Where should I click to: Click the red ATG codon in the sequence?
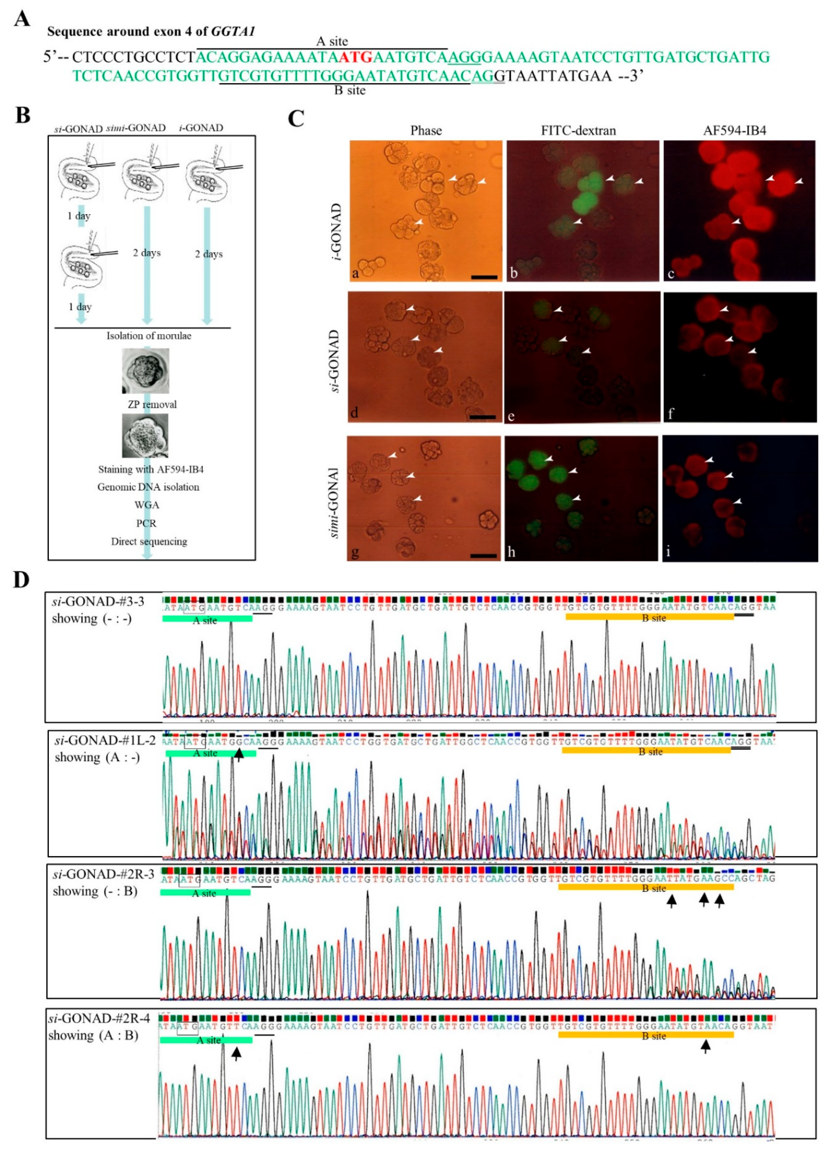(355, 57)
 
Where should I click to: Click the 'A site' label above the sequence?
(332, 42)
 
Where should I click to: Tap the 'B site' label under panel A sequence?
(350, 91)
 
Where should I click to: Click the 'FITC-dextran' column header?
(578, 131)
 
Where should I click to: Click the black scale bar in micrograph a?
(484, 277)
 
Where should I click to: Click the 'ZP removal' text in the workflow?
(152, 404)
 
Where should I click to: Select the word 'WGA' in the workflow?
(146, 505)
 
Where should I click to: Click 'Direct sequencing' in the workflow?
(149, 541)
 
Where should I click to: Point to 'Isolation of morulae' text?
(149, 336)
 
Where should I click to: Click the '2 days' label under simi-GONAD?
(147, 253)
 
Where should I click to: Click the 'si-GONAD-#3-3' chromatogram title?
(98, 601)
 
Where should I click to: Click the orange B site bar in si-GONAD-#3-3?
(649, 616)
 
